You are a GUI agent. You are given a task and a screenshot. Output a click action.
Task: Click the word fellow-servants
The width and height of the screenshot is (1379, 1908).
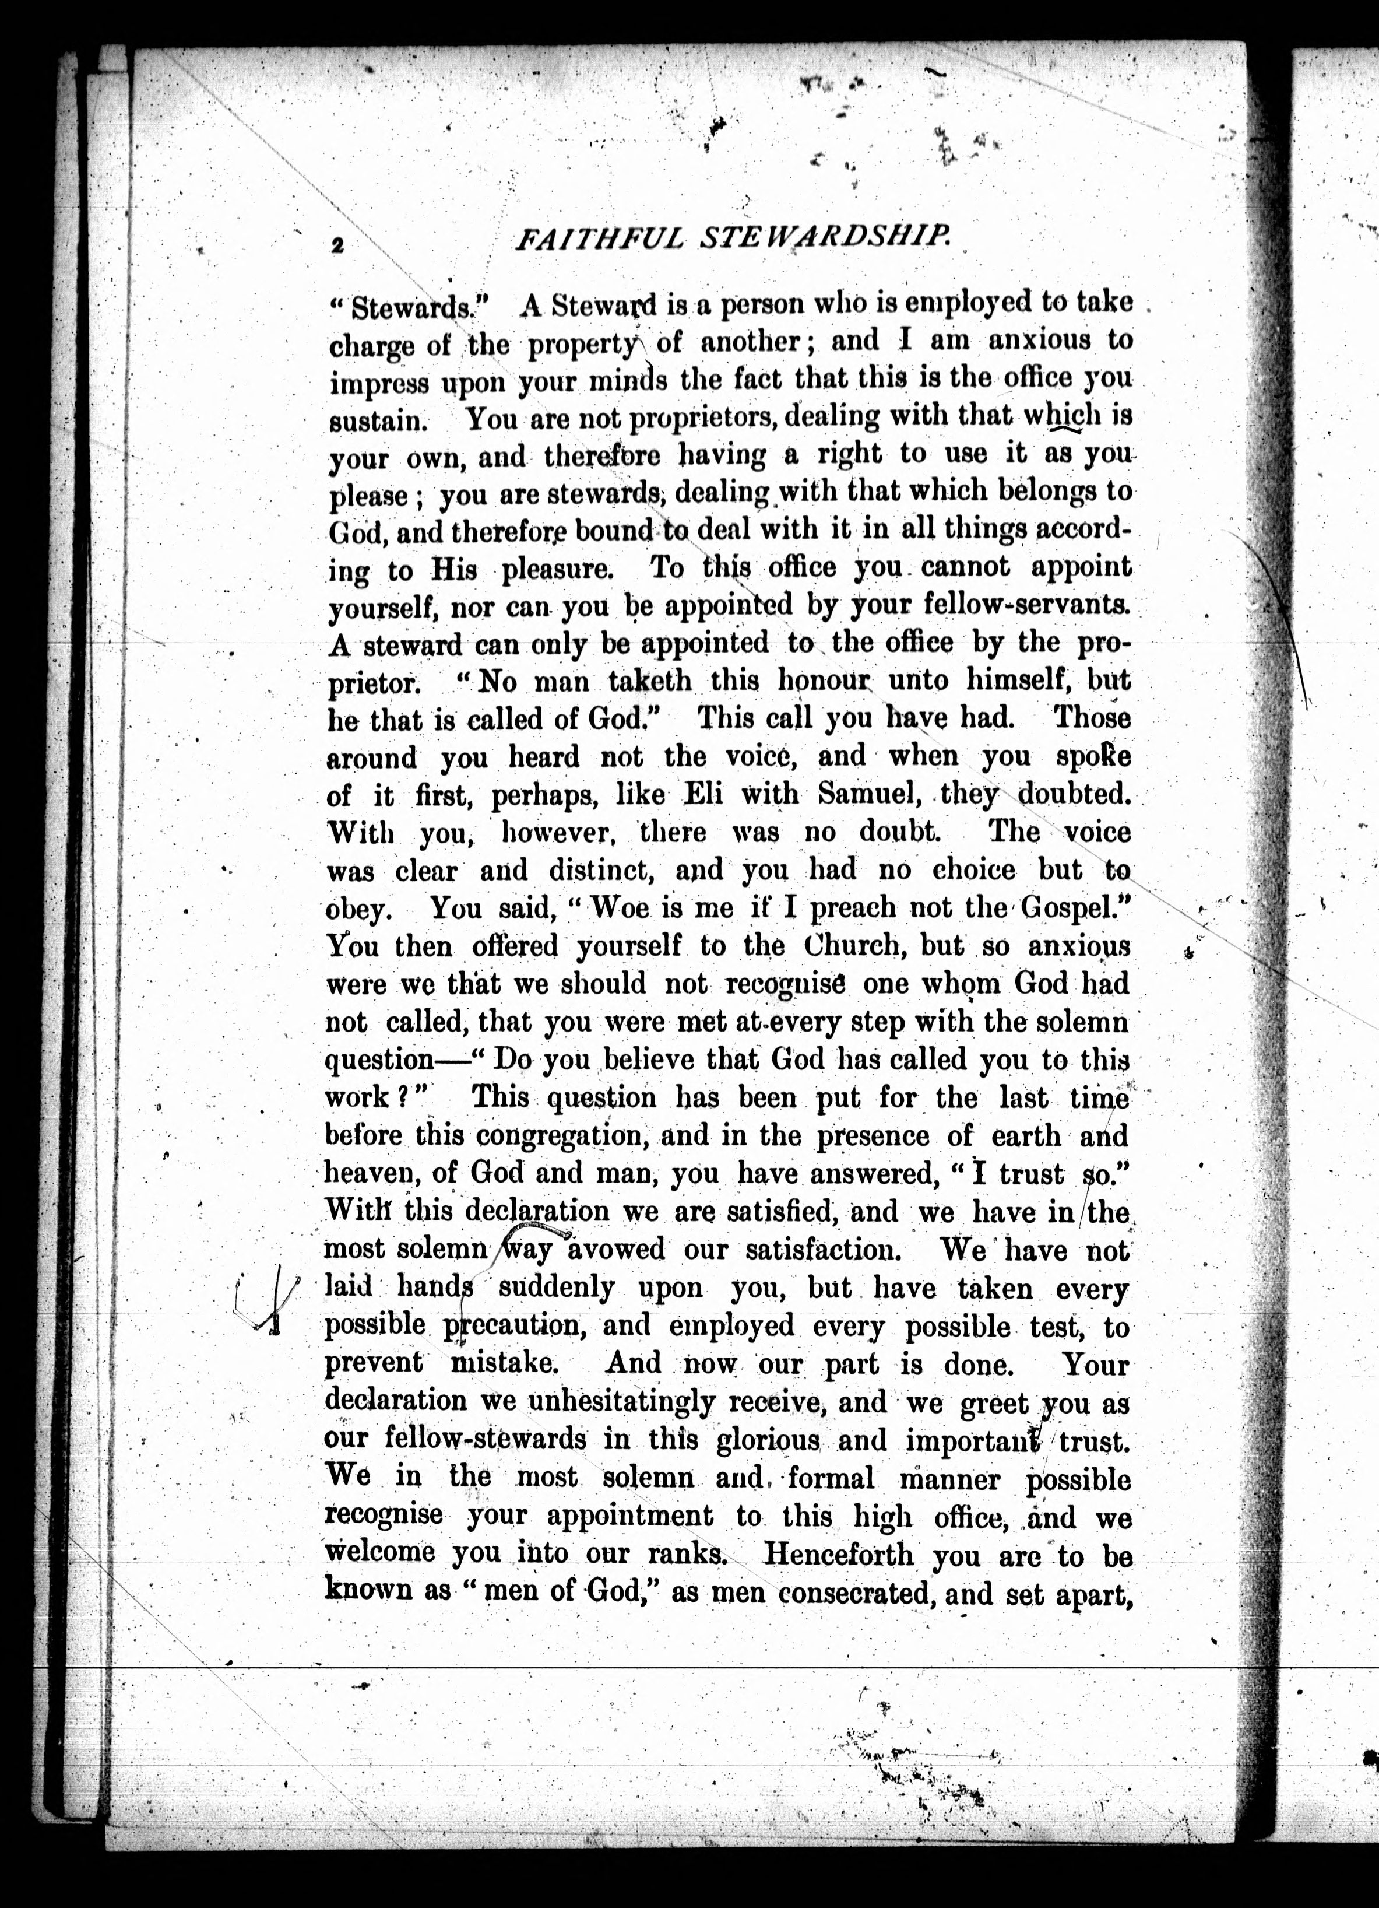1028,604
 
